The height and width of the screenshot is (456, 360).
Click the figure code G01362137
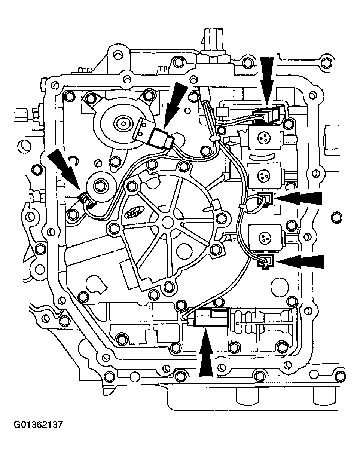point(38,425)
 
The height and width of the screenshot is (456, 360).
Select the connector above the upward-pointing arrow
point(210,318)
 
